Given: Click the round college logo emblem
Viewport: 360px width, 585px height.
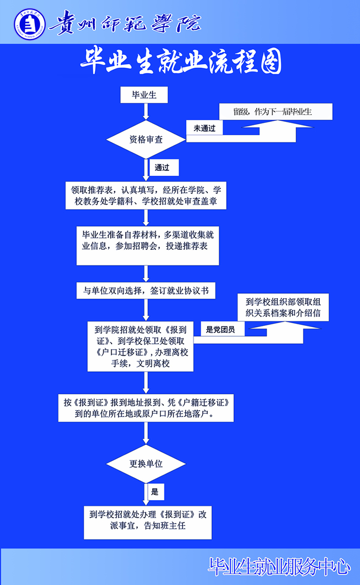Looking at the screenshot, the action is click(30, 24).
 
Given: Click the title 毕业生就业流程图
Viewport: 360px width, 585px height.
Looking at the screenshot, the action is click(181, 61).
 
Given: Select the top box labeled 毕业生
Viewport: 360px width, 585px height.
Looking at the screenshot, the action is click(144, 95).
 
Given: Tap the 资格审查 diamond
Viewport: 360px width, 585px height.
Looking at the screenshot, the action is click(146, 139).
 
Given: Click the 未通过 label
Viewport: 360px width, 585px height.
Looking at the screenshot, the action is click(204, 128).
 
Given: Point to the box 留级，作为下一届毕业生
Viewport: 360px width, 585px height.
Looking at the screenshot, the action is click(276, 112).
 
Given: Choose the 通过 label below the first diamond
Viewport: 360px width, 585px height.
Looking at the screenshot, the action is click(164, 168).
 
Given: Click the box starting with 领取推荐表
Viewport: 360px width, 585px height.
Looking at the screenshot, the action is click(146, 195).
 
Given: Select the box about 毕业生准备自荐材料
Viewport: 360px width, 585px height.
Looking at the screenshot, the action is click(148, 246).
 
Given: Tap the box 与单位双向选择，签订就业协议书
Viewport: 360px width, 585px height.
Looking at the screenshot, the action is click(146, 290).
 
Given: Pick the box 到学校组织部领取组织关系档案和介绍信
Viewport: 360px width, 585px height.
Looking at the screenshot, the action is click(283, 307).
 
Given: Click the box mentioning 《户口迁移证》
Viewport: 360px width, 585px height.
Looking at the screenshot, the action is click(140, 346).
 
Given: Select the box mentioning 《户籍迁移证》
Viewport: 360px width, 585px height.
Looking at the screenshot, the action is click(146, 408).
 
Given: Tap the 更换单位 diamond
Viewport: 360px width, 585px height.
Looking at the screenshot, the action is click(146, 464).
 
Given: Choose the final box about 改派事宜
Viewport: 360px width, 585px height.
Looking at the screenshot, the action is click(148, 522).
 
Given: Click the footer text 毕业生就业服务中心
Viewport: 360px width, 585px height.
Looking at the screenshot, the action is click(279, 567).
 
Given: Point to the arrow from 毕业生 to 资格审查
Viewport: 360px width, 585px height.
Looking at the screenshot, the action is click(146, 112).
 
